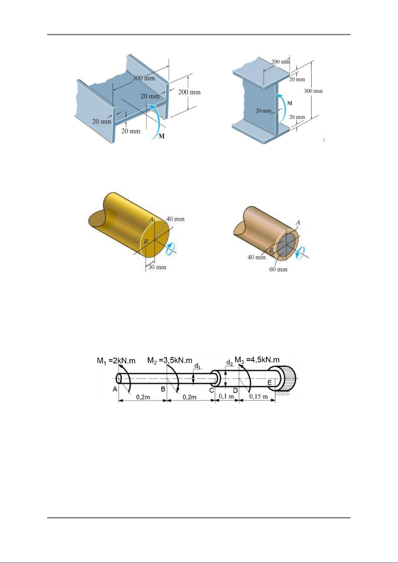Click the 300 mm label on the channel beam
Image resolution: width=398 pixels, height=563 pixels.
[x=144, y=78]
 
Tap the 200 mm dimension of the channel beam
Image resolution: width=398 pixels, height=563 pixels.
[x=189, y=92]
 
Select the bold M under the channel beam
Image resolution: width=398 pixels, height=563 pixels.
[x=162, y=136]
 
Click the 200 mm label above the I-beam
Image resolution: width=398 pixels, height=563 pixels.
[x=280, y=61]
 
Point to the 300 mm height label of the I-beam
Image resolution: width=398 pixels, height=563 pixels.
[x=313, y=91]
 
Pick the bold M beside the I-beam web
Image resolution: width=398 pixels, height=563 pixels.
[x=290, y=103]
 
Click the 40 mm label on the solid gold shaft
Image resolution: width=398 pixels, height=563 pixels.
[x=175, y=219]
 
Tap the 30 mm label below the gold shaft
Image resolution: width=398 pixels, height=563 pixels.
[x=157, y=267]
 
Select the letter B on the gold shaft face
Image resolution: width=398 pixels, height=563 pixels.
[x=146, y=241]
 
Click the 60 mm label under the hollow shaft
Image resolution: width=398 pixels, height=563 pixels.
[x=278, y=269]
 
